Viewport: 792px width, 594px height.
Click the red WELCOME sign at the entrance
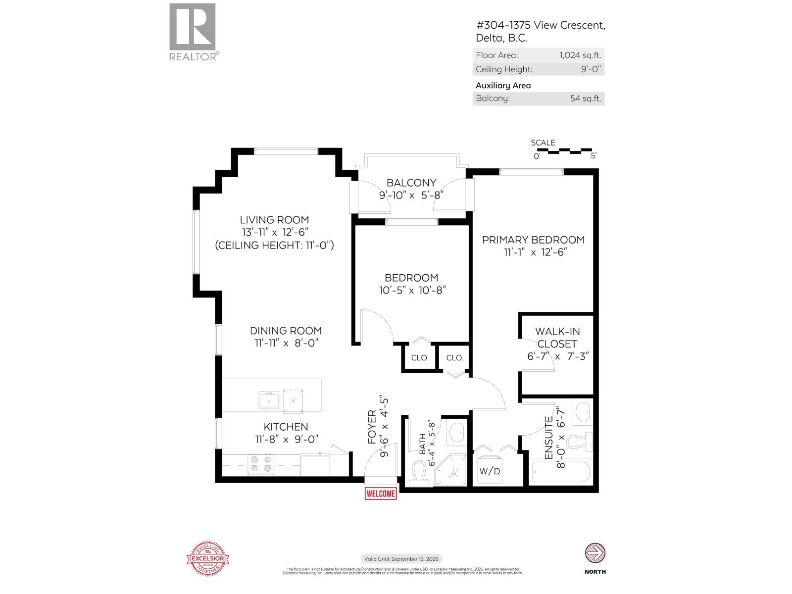click(381, 494)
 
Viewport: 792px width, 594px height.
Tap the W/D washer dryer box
click(490, 471)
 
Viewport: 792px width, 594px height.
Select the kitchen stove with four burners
click(261, 464)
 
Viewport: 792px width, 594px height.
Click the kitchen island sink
click(269, 400)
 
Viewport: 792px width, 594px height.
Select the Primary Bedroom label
click(533, 240)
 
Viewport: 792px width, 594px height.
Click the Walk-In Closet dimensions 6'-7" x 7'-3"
click(557, 356)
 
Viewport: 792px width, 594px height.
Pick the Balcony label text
click(411, 183)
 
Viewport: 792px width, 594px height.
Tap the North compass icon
click(595, 553)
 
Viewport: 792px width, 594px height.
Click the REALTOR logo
click(193, 32)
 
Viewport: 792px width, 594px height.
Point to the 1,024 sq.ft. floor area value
click(580, 55)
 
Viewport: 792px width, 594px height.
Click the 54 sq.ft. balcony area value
click(585, 98)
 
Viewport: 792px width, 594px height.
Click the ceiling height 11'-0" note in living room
click(274, 245)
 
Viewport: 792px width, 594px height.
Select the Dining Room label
click(286, 331)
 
